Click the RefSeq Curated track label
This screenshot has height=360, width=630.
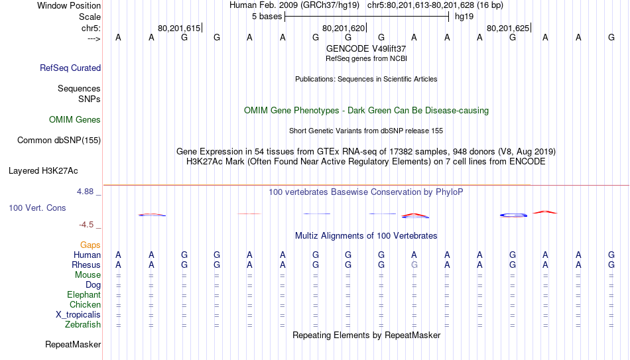pos(70,68)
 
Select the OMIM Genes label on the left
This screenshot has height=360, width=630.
pos(75,120)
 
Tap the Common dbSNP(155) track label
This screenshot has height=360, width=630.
pos(59,141)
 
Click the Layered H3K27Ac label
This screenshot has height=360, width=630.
pos(43,171)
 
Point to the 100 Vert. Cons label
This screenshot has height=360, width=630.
pos(37,208)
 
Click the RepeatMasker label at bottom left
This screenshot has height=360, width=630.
pos(73,344)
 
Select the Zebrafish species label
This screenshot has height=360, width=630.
pos(83,324)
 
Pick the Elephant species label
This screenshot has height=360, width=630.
pos(84,294)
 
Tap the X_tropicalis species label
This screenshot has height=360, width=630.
pos(78,315)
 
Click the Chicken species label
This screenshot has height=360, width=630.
pos(85,304)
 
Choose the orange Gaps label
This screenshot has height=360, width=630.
pos(90,245)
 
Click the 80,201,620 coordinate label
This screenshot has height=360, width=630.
pos(344,28)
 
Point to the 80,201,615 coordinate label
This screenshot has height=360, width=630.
pos(179,28)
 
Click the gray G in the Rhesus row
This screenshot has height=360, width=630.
pos(414,265)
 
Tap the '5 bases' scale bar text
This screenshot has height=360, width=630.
pos(267,17)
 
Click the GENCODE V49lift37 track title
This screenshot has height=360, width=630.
pos(366,48)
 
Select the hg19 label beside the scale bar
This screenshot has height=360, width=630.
pos(464,17)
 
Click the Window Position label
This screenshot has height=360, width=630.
pos(69,5)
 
